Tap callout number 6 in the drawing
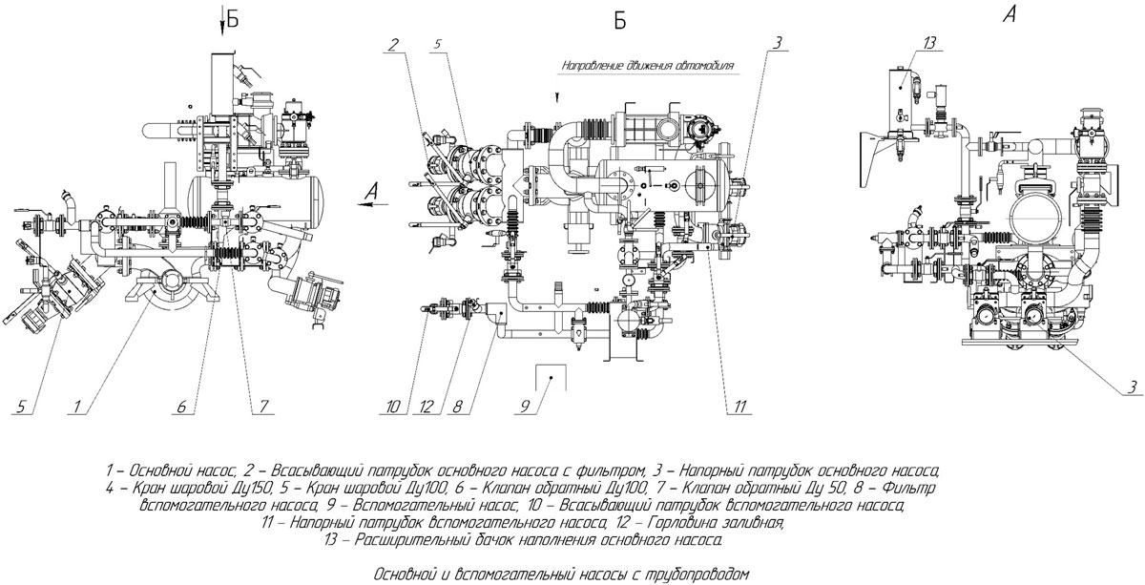pyautogui.click(x=181, y=407)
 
